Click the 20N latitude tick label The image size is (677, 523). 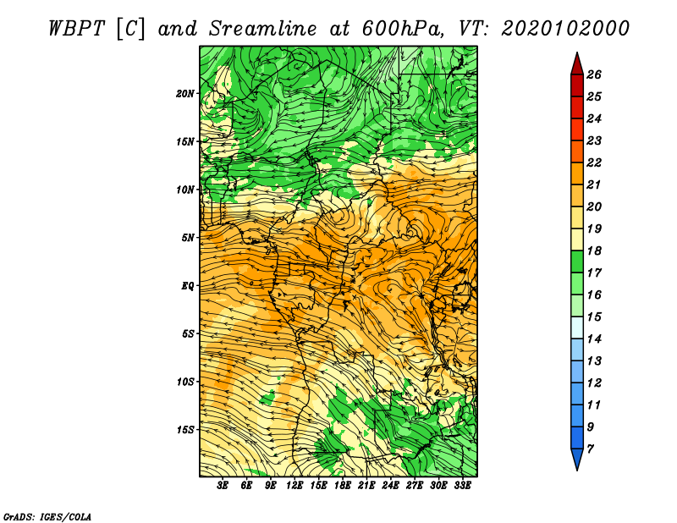point(185,94)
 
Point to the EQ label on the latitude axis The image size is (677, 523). point(188,286)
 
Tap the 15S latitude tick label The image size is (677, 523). point(185,430)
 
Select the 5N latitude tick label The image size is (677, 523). point(188,238)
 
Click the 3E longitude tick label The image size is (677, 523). point(223,486)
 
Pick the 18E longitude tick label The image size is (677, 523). point(342,486)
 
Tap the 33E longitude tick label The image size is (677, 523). point(462,486)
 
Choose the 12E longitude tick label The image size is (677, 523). point(294,486)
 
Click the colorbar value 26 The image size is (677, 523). point(594,74)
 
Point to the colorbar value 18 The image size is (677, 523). point(594,250)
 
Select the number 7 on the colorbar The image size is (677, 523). point(590,449)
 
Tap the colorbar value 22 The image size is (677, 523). point(594,162)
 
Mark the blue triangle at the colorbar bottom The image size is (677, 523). point(577,459)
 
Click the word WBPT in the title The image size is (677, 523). point(76,29)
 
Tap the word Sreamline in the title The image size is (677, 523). point(263,29)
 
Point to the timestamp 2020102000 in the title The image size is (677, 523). point(565,29)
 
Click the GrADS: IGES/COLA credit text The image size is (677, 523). point(47,517)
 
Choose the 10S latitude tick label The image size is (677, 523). point(185,382)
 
